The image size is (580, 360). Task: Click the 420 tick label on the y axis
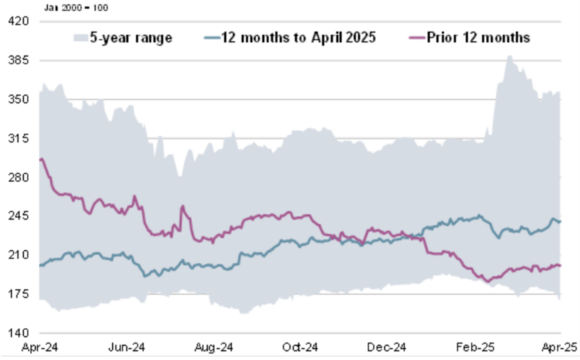pos(19,22)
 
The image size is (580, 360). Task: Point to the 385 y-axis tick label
pos(19,60)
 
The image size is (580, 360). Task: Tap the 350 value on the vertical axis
pos(19,99)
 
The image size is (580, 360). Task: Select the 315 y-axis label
pos(19,138)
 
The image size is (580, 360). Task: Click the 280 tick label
pos(19,178)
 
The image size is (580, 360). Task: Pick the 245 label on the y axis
pos(19,217)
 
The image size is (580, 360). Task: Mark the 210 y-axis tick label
pos(19,255)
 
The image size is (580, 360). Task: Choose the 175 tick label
pos(19,294)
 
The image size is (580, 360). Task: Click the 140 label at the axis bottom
pos(19,333)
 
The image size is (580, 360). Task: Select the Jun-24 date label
pos(126,347)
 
